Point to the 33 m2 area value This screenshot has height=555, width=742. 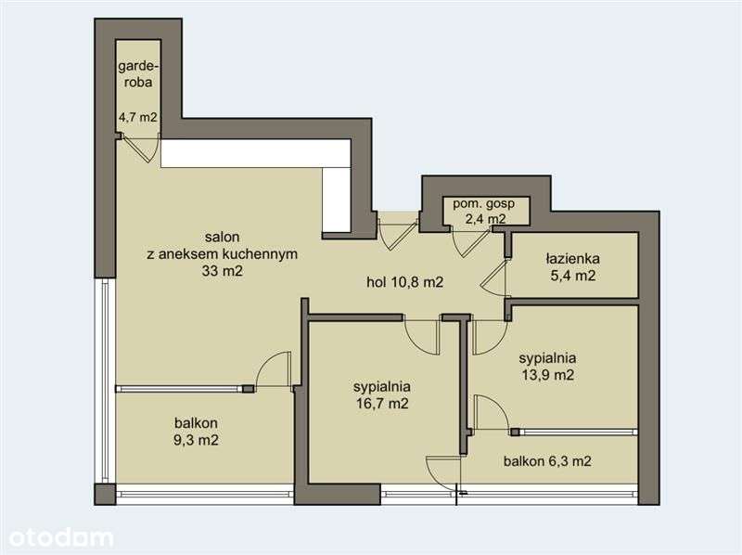click(222, 271)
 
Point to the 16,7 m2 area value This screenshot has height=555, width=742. click(382, 404)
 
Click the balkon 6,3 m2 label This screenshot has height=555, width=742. click(547, 460)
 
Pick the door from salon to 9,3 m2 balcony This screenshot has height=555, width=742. click(274, 370)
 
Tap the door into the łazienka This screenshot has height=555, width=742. click(496, 279)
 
